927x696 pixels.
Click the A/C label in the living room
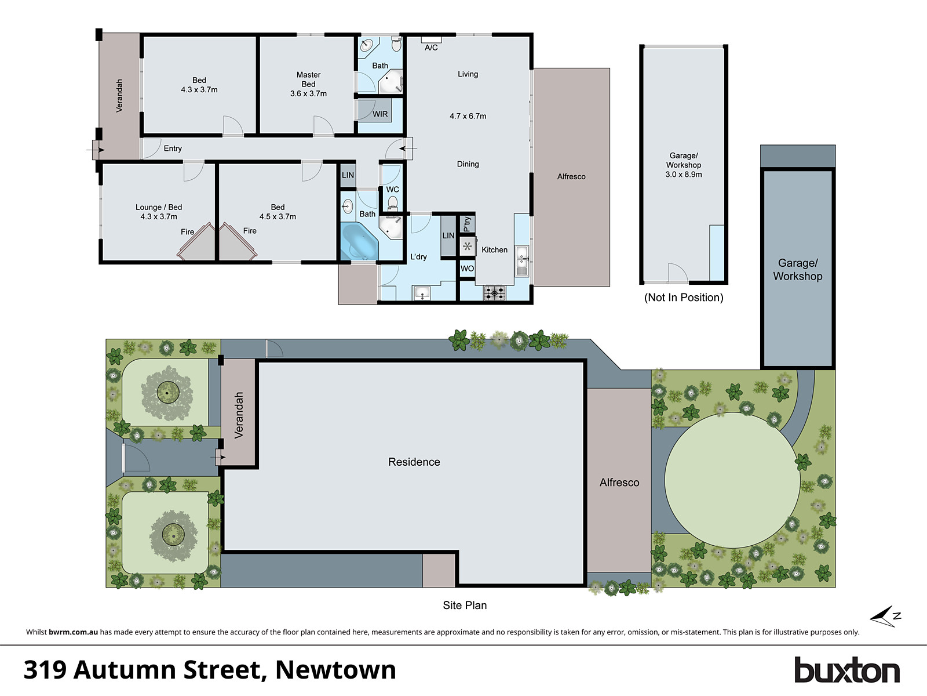(431, 48)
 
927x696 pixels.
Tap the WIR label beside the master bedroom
(380, 114)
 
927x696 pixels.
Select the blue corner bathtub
(359, 241)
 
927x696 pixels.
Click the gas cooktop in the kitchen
(494, 293)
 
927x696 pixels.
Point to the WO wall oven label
(467, 269)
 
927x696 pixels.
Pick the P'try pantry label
(467, 224)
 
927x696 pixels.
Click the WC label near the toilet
(392, 190)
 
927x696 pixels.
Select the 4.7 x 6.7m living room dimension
(468, 116)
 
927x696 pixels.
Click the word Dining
(468, 164)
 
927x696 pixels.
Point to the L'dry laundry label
(418, 257)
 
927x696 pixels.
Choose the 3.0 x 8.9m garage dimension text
(684, 175)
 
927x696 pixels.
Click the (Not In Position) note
(684, 298)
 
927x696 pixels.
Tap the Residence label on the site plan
(414, 462)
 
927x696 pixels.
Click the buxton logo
(846, 670)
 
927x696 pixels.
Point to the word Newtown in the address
(335, 670)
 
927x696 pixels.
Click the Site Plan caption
(465, 606)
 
